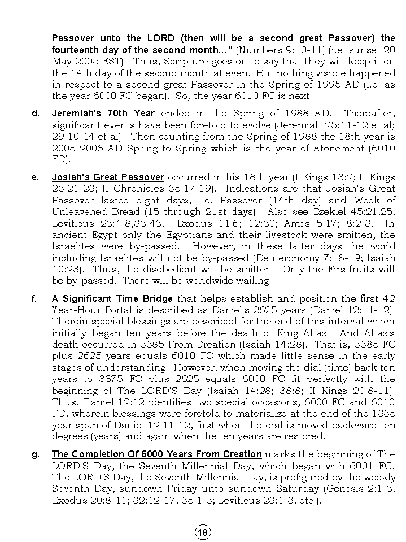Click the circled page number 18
pos(203,532)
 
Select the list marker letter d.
pos(36,114)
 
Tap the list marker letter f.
pos(35,299)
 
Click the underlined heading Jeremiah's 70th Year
pos(103,114)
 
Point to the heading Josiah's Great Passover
pos(108,177)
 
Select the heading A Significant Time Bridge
pos(112,299)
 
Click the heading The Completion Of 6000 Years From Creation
pos(156,454)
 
